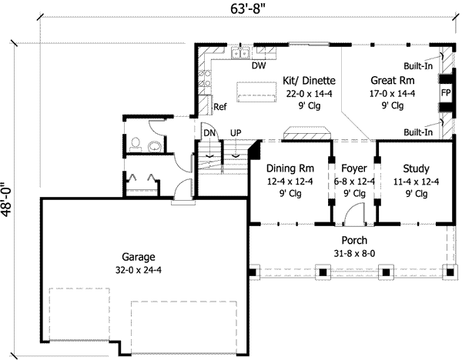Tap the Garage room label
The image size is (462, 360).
[x=139, y=257]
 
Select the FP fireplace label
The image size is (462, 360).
[x=445, y=92]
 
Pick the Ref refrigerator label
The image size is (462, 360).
[x=220, y=107]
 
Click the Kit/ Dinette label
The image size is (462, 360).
[x=309, y=80]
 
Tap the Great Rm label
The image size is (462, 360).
[x=393, y=80]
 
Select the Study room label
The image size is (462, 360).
[x=415, y=168]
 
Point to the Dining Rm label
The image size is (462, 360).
[x=290, y=168]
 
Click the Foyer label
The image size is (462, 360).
[x=354, y=168]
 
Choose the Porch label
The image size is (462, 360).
[x=354, y=240]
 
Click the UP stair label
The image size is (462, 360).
[x=236, y=133]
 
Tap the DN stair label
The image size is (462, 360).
[x=209, y=133]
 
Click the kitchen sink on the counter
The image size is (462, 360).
[x=242, y=52]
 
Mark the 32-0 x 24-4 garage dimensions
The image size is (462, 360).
[x=139, y=269]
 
